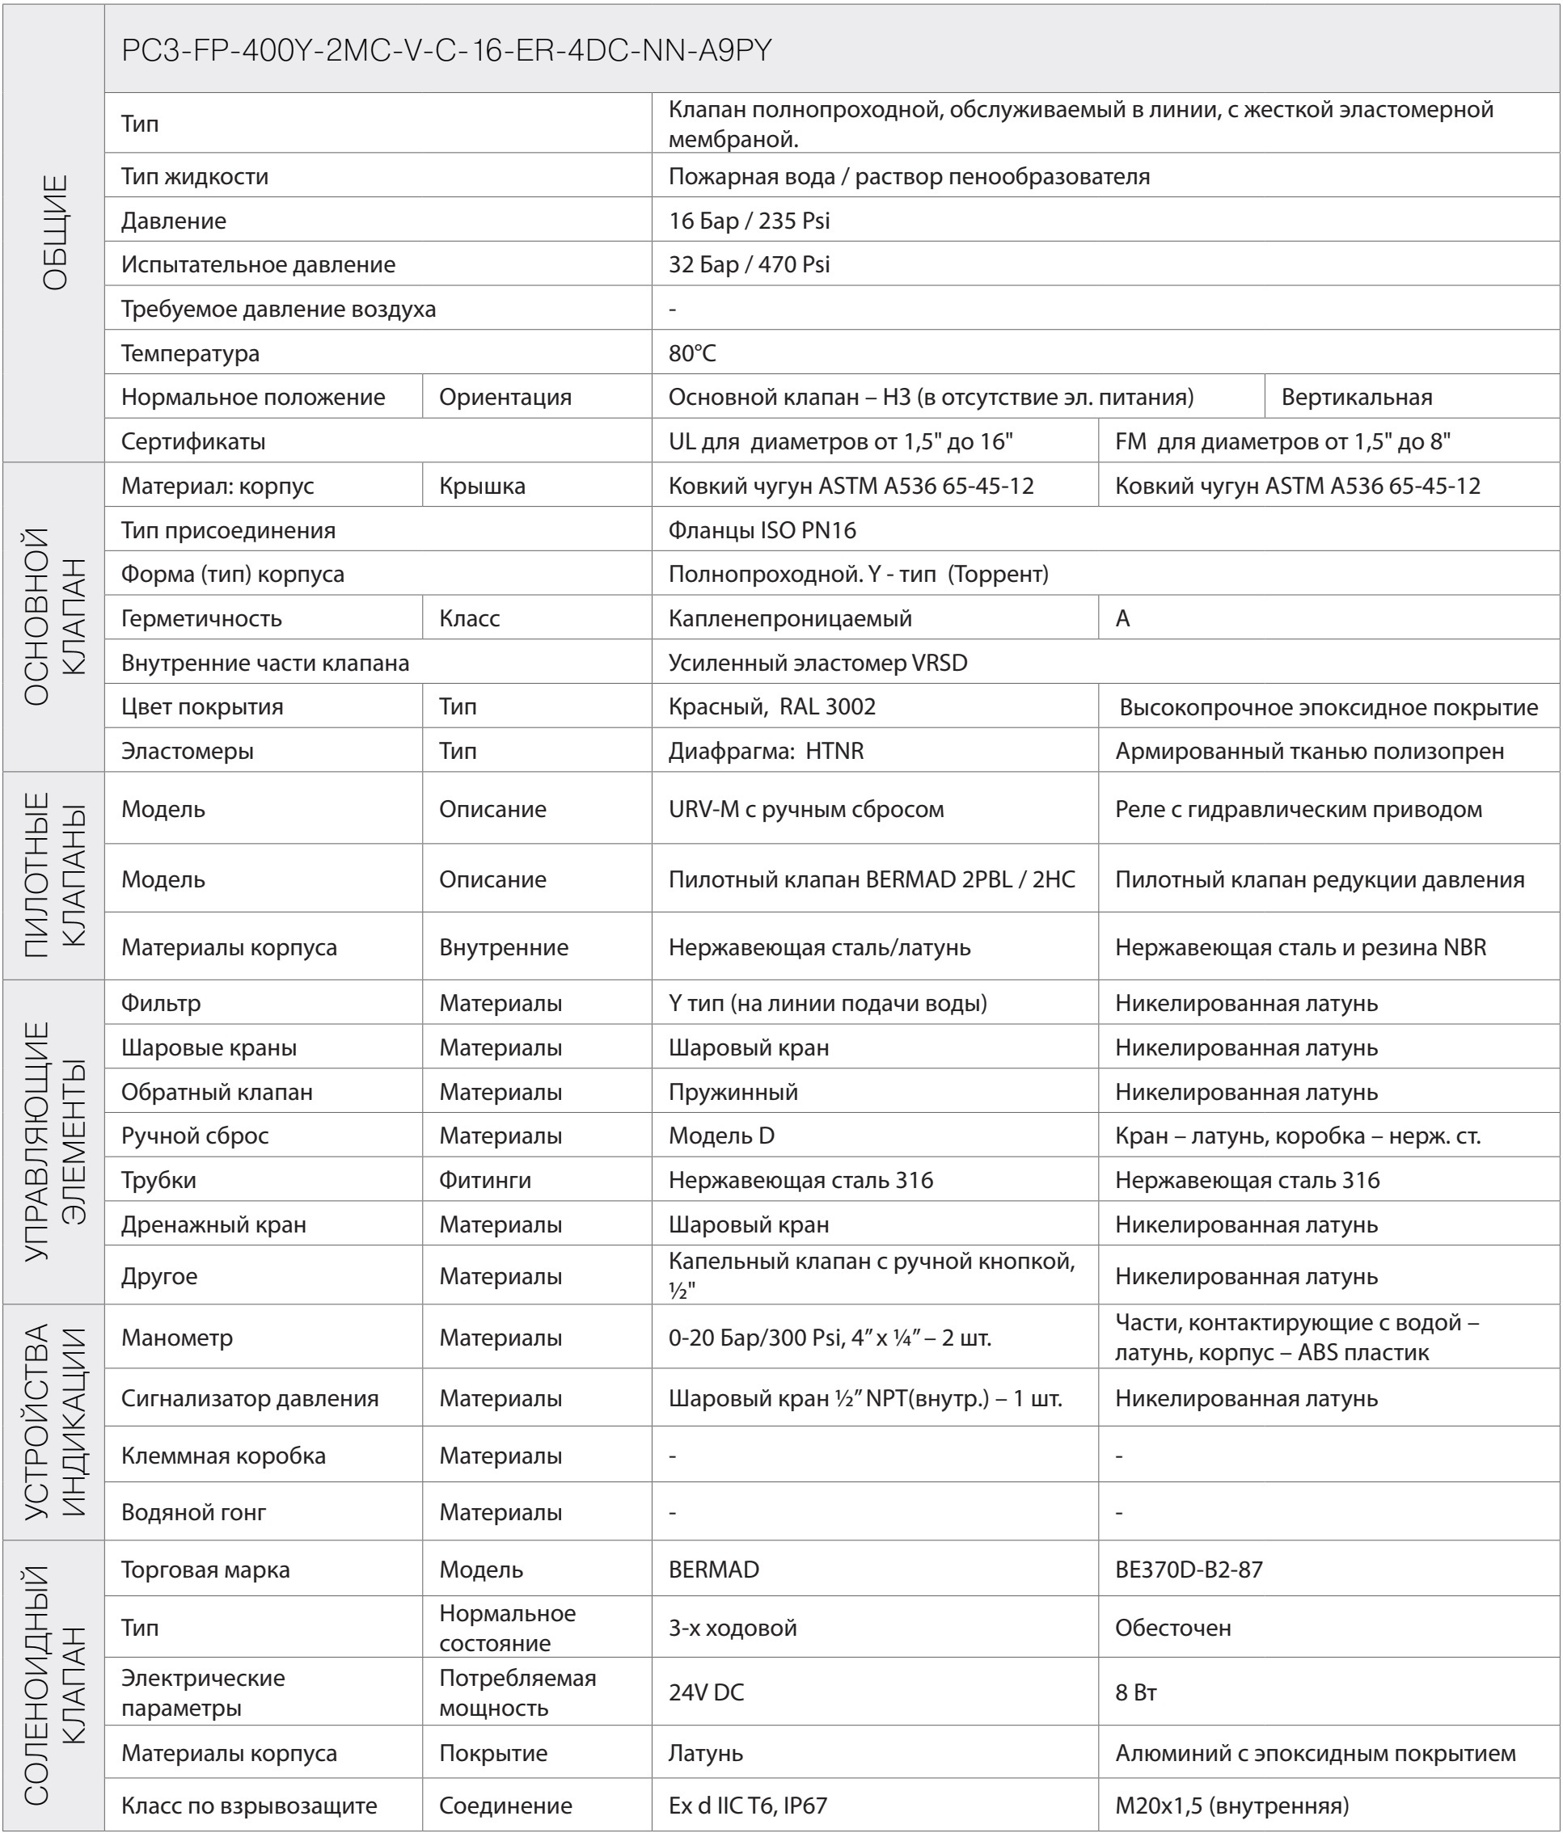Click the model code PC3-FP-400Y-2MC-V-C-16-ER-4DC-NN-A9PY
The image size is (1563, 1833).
(x=447, y=50)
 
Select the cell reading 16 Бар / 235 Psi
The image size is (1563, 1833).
(x=749, y=221)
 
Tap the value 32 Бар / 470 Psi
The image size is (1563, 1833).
(x=749, y=264)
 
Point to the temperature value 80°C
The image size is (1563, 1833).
(x=692, y=353)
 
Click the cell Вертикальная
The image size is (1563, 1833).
(x=1356, y=397)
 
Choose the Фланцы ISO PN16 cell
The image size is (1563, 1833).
(x=762, y=530)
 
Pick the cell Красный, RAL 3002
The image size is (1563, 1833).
(x=771, y=707)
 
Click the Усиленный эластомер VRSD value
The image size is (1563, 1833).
(x=817, y=663)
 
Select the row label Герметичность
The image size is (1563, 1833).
(x=202, y=618)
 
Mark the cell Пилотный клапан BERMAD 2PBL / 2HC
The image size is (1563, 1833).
(x=872, y=879)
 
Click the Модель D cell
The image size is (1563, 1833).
(x=721, y=1136)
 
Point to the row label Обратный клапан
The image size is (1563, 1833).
(x=217, y=1092)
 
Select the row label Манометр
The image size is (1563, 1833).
(x=177, y=1338)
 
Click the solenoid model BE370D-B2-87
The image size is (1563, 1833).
(x=1189, y=1570)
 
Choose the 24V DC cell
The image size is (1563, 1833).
(x=706, y=1692)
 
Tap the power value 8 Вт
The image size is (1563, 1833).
(x=1135, y=1692)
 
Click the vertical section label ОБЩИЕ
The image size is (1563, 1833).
(x=54, y=233)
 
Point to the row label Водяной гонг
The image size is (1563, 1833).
(x=194, y=1512)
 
